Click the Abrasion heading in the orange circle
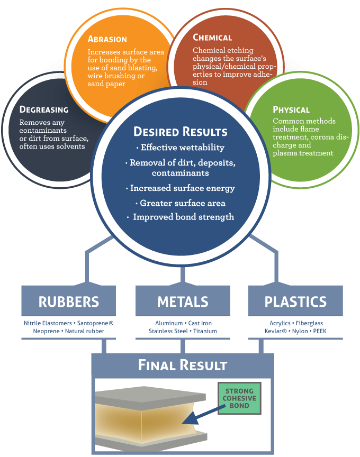point(107,39)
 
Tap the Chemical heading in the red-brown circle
point(212,38)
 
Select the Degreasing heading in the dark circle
point(44,109)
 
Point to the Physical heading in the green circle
point(291,109)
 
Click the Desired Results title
point(181,132)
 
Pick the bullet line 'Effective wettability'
point(180,148)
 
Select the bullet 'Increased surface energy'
point(180,188)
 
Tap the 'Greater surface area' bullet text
point(180,203)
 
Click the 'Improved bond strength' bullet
point(180,217)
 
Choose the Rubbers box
point(69,302)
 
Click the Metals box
point(183,302)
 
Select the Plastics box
point(295,302)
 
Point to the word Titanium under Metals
point(205,331)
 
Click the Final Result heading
point(183,365)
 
